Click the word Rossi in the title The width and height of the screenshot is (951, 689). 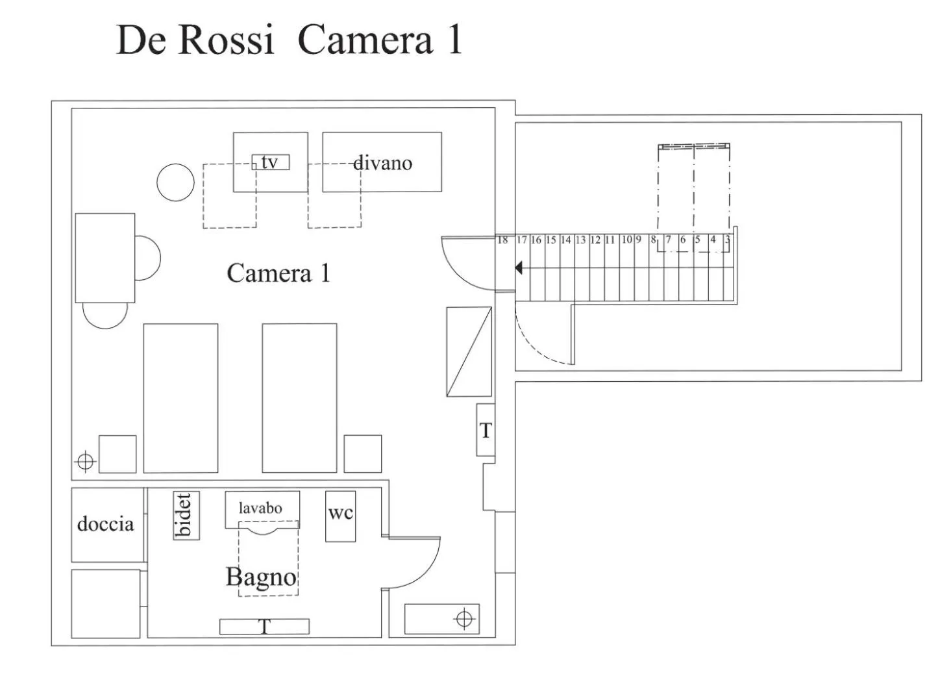225,40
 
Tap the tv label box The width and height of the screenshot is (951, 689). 270,162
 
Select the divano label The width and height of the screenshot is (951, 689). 382,162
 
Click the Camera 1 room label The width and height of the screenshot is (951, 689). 278,273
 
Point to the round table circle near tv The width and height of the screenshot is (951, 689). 175,182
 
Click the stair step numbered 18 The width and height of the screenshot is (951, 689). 502,240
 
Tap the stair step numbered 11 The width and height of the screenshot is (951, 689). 610,240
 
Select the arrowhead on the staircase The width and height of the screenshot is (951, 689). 519,268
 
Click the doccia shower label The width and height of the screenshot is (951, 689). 105,524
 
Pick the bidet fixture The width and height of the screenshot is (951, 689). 186,515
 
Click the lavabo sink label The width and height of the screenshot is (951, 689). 261,508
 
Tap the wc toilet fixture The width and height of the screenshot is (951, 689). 340,516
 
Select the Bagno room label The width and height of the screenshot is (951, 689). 261,577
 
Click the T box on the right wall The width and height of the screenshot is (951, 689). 486,430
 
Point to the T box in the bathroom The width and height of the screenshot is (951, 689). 264,627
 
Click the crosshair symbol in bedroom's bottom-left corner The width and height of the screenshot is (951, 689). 85,462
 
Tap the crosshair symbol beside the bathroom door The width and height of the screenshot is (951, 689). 463,618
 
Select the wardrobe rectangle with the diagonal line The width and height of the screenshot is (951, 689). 469,351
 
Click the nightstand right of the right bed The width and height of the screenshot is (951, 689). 362,453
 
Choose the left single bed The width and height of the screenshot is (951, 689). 180,397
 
